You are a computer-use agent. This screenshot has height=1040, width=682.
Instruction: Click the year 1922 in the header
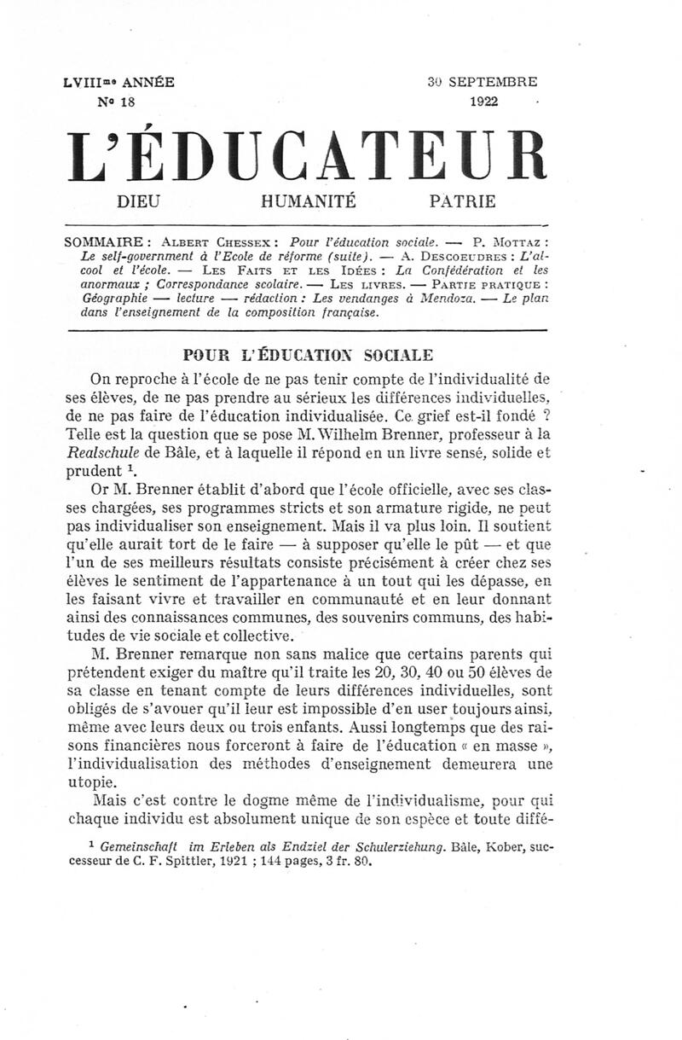(x=484, y=101)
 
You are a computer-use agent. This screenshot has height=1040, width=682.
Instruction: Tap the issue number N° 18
(x=117, y=101)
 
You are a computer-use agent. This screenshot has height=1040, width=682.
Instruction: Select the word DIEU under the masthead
(x=136, y=202)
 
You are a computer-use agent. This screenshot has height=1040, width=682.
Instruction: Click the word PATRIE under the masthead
(x=462, y=202)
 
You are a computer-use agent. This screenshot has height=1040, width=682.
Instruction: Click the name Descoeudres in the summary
(x=471, y=257)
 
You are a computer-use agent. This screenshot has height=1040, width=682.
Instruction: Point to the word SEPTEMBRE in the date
(x=493, y=84)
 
